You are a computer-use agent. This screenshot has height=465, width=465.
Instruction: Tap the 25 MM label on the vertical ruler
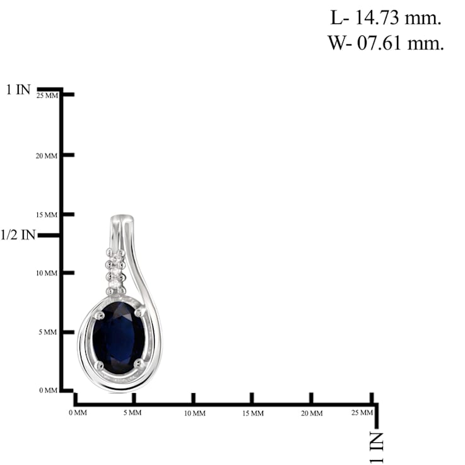point(48,96)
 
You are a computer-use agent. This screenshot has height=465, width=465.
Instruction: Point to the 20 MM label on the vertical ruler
point(47,156)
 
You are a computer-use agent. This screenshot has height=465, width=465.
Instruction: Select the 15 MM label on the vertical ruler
point(47,215)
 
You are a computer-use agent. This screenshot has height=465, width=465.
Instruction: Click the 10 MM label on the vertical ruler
point(47,273)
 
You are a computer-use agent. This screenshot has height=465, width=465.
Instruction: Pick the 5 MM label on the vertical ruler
point(48,332)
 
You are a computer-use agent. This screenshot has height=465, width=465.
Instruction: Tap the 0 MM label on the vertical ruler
point(48,391)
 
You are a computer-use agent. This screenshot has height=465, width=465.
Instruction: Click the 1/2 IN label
point(18,235)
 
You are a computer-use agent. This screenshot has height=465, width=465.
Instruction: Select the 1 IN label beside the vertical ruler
point(18,90)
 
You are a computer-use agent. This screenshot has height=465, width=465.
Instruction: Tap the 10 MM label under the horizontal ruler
point(194,413)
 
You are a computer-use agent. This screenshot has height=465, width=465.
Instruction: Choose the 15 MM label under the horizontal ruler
point(253,413)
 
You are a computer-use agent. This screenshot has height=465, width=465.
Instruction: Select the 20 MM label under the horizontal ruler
point(312,413)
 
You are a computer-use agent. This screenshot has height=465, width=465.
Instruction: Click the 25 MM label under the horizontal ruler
point(362,413)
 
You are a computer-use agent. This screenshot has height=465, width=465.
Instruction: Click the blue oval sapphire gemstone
point(119,337)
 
